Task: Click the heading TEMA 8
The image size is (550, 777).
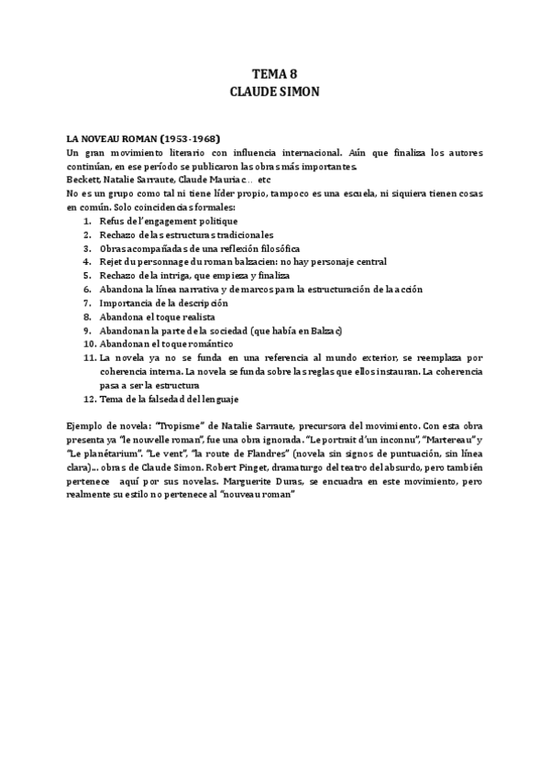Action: pos(274,74)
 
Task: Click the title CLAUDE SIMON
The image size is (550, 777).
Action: pos(274,92)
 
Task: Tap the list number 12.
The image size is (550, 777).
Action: pos(88,399)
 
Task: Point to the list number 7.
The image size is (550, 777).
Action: pos(86,302)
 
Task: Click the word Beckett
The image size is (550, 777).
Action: pos(83,180)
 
